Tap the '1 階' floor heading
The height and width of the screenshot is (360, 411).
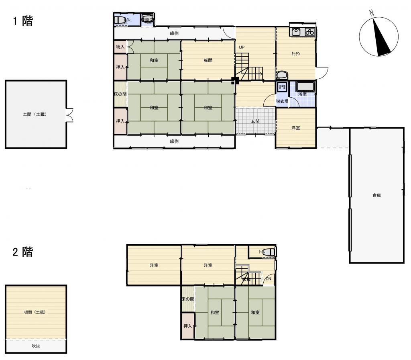(23, 21)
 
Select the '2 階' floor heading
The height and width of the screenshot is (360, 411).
(23, 252)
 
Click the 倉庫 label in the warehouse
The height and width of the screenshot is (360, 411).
(376, 196)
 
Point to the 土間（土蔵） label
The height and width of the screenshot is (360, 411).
(35, 115)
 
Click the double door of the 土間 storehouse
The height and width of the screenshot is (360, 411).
(70, 115)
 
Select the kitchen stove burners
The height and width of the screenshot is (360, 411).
(309, 32)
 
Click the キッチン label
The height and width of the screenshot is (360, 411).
(296, 53)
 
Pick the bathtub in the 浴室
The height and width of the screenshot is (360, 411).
(306, 86)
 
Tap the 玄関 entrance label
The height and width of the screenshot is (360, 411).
(255, 121)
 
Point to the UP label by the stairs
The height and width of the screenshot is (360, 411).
(242, 47)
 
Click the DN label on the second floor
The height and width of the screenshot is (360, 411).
(268, 279)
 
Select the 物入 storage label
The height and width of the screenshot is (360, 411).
(120, 47)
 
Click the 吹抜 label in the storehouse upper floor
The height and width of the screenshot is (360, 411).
(36, 346)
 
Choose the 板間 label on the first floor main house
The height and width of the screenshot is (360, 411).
(208, 61)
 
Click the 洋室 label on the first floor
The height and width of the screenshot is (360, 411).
(296, 128)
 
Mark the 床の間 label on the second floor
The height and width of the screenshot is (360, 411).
(187, 299)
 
